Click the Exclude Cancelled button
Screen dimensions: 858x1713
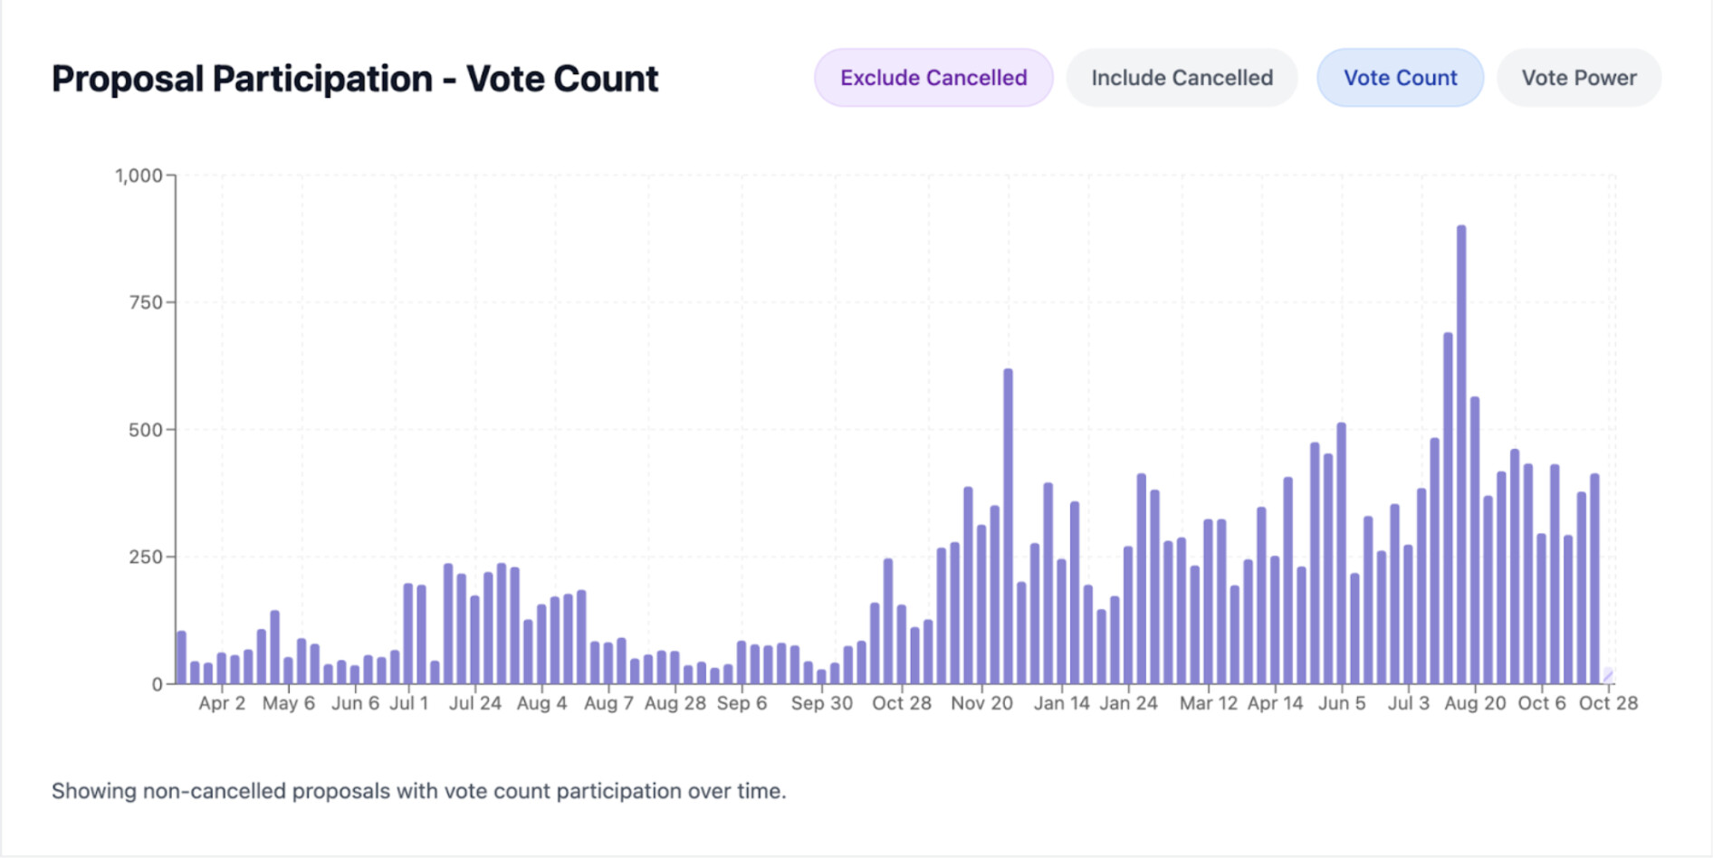[x=933, y=78]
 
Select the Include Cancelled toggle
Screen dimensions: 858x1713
[x=1182, y=78]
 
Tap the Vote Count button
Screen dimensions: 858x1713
[x=1400, y=78]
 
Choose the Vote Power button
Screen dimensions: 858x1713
[x=1578, y=78]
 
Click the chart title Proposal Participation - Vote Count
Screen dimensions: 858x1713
[x=355, y=79]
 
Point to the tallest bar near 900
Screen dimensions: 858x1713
[x=1461, y=453]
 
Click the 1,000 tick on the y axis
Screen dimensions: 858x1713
[x=139, y=176]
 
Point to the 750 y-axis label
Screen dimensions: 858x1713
[x=146, y=302]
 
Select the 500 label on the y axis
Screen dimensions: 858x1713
[x=146, y=430]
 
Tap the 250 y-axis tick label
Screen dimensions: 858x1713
[x=146, y=557]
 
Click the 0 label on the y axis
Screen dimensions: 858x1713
[x=158, y=684]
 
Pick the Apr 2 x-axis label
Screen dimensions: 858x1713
[x=222, y=703]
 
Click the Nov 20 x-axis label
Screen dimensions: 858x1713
[x=981, y=703]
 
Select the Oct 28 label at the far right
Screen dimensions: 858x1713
[x=1608, y=703]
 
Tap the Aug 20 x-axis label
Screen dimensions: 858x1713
[x=1475, y=703]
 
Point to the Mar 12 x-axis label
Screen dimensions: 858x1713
[x=1208, y=703]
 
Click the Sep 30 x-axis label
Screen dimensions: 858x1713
[x=821, y=703]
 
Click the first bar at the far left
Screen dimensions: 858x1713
[x=181, y=658]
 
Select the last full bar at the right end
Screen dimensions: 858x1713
[x=1594, y=579]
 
